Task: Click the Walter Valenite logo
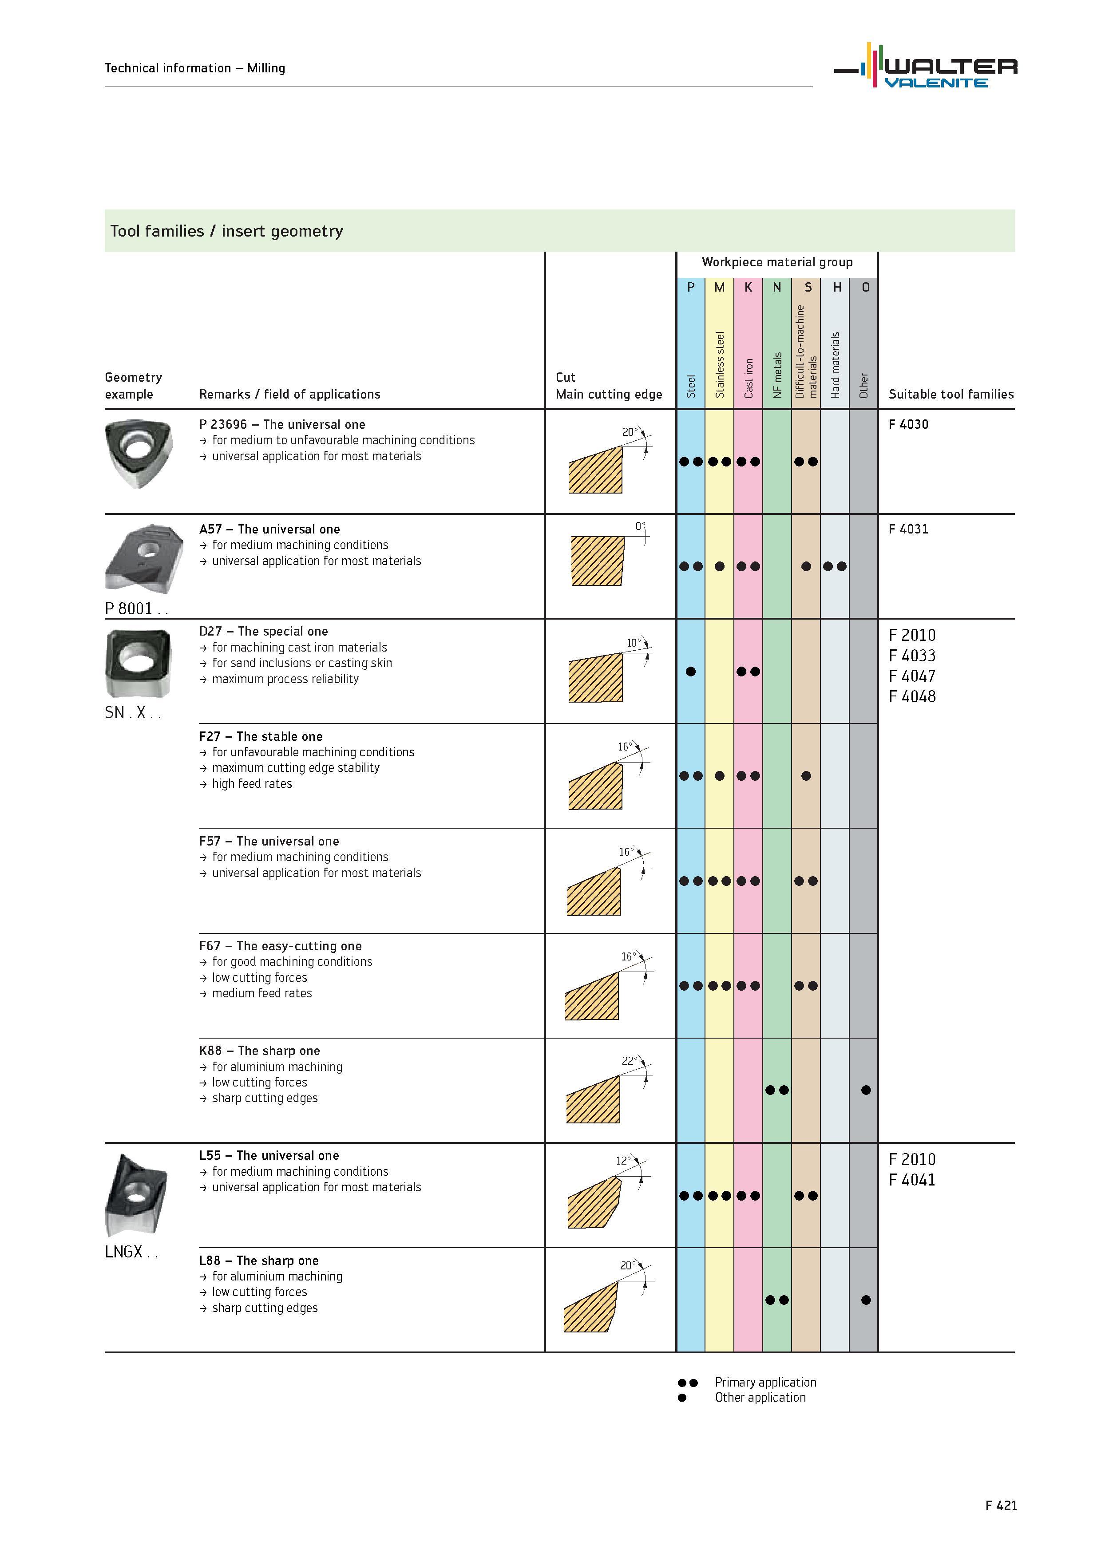[926, 66]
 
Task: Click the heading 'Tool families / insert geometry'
[226, 231]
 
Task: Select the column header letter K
[748, 288]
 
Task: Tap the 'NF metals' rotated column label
[777, 375]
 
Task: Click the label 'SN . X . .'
[133, 713]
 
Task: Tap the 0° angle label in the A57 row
[640, 526]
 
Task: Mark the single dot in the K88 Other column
[866, 1091]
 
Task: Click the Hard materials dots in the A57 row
[834, 566]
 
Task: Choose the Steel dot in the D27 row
[691, 672]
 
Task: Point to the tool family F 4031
[908, 529]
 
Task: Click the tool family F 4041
[912, 1180]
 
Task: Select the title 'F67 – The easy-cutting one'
[280, 946]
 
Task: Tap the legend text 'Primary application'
[765, 1382]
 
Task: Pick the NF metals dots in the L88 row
[777, 1300]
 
